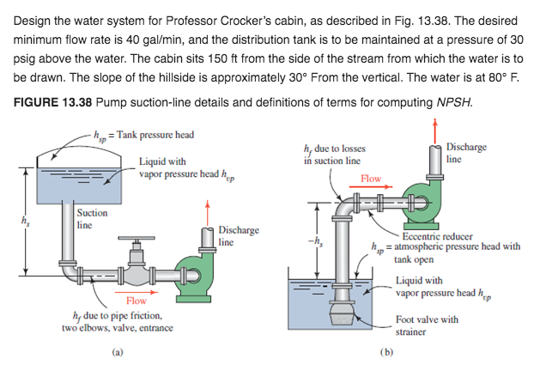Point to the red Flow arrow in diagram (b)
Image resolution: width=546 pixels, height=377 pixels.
pyautogui.click(x=372, y=184)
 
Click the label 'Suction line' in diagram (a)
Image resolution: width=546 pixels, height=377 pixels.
pyautogui.click(x=92, y=218)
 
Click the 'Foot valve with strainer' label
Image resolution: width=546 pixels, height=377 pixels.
pyautogui.click(x=427, y=325)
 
